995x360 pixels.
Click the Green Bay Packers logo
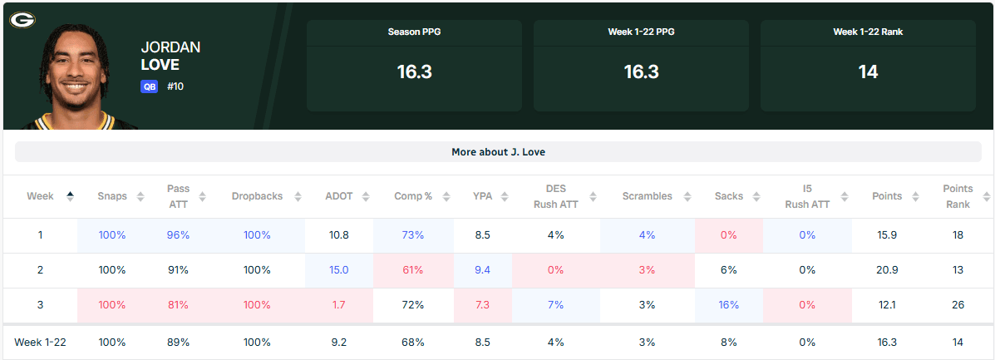pos(22,19)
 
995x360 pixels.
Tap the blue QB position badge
pos(149,86)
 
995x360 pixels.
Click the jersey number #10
pos(175,86)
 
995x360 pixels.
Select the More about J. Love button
pos(498,152)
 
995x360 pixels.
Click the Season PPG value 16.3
pos(414,72)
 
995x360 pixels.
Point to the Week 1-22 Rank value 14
pos(868,72)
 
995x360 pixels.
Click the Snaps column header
pos(112,196)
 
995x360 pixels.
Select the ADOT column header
pos(340,196)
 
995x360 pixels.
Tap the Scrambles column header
pos(647,196)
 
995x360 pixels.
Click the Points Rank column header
pos(958,196)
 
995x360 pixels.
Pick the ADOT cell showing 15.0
pos(339,270)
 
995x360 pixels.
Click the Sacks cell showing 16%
pos(728,305)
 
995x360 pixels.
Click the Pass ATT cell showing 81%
pos(178,305)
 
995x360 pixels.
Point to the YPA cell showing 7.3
pos(482,305)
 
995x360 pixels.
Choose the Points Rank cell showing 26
pos(958,305)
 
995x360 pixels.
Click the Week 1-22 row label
pos(40,342)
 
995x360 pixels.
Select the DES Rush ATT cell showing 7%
pos(556,305)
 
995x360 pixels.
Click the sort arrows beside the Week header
pos(70,196)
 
